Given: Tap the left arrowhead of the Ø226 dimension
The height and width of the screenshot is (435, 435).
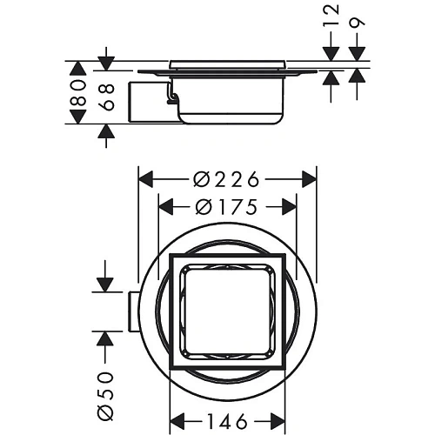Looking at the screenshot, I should click(x=146, y=180).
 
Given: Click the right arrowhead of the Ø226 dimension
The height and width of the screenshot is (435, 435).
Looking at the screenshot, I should click(x=308, y=180).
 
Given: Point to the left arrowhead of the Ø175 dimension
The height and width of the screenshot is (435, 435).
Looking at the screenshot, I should click(x=164, y=208).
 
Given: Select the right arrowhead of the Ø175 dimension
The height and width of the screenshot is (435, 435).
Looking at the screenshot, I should click(x=290, y=208).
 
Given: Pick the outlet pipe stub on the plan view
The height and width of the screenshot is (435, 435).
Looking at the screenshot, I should click(x=131, y=310).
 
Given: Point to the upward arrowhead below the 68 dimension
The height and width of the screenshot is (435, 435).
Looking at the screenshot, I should click(x=105, y=131).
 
